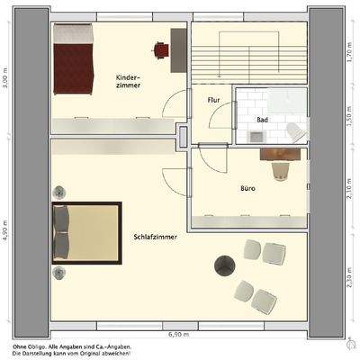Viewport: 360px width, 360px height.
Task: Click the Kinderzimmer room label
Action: coord(128,83)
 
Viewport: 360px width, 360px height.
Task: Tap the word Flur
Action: coord(214,100)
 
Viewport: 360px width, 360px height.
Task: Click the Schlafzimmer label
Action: coord(154,236)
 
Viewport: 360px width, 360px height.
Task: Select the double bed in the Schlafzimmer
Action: coord(86,233)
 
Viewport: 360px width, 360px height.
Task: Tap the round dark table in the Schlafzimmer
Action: coord(224,265)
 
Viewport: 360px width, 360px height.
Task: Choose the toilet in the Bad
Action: coord(294,132)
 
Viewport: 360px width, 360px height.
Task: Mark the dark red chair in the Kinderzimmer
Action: coord(161,49)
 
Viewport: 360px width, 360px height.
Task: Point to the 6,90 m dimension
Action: coord(178,334)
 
